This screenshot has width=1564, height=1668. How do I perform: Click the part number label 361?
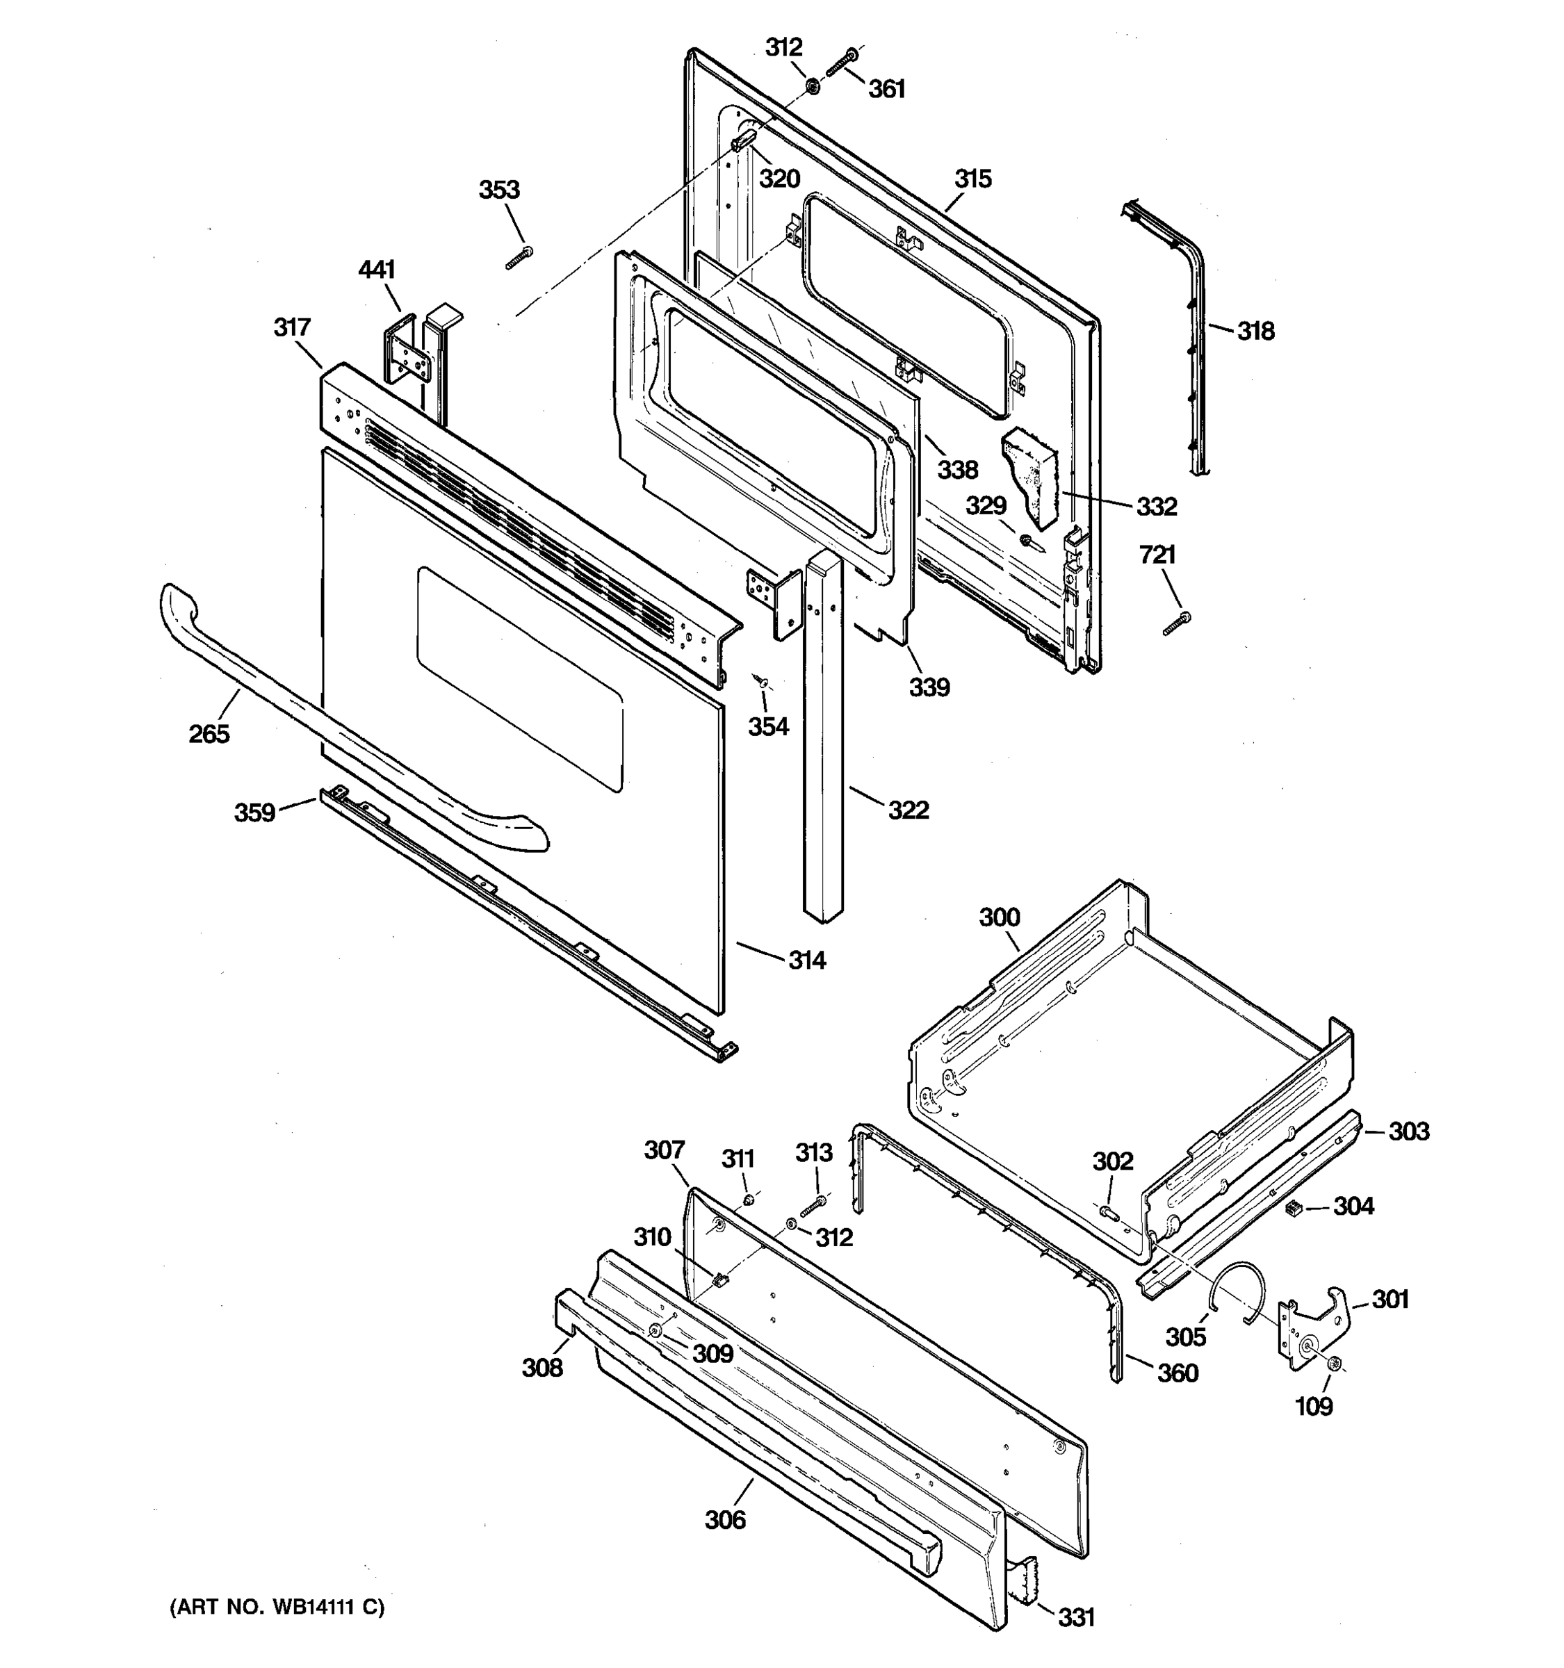[886, 89]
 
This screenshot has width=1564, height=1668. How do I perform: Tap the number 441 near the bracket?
[377, 270]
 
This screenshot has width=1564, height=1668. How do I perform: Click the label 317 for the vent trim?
[292, 327]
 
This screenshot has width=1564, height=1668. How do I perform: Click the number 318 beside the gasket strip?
[1255, 332]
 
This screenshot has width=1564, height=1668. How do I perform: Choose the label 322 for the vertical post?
[909, 810]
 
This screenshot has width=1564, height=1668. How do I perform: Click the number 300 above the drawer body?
[1000, 917]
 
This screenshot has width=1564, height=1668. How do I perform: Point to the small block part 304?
[1293, 1207]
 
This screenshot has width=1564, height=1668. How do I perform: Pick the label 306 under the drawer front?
[725, 1519]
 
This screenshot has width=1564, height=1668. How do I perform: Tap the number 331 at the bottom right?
[1075, 1617]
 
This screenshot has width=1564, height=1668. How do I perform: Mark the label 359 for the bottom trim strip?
[255, 812]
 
